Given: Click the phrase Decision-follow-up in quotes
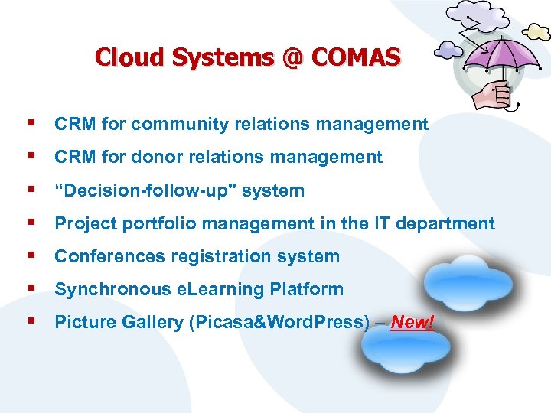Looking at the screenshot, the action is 145,190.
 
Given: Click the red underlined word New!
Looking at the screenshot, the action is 412,322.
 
